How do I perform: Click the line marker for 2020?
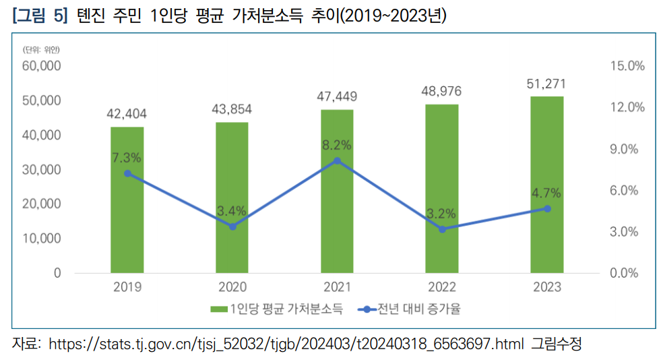tap(232, 227)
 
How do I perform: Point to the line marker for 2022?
tap(442, 229)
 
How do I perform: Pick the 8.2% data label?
tap(337, 145)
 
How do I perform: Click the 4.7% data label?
tap(546, 193)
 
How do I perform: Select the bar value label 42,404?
tap(127, 114)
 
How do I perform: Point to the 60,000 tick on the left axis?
tap(41, 66)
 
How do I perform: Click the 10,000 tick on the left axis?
tap(41, 239)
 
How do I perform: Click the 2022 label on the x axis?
tap(442, 287)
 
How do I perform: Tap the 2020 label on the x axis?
tap(232, 287)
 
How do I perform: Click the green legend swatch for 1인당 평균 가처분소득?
tap(218, 309)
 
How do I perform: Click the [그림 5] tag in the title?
tap(40, 16)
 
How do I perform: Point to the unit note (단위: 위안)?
tap(40, 49)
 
